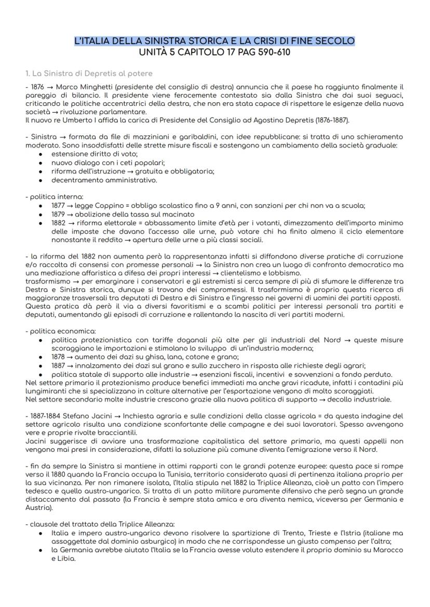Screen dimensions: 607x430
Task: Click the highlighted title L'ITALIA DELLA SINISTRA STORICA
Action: click(214, 41)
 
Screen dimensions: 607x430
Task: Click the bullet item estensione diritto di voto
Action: click(94, 154)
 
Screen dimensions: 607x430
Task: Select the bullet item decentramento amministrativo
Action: click(104, 180)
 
